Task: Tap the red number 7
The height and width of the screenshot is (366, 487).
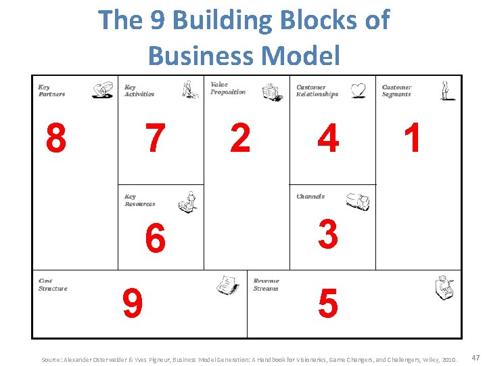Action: click(x=156, y=138)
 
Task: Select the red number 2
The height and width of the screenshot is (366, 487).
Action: click(x=240, y=138)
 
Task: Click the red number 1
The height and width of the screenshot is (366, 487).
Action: click(x=412, y=138)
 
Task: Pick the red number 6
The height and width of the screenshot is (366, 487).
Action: click(x=156, y=239)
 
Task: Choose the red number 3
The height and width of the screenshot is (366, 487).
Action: click(x=328, y=234)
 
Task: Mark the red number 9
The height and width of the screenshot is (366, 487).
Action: click(x=133, y=304)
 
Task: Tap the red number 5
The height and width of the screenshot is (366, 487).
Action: click(x=328, y=304)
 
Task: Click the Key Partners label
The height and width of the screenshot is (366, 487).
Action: click(x=51, y=90)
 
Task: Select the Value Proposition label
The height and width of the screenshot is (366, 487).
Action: click(x=228, y=88)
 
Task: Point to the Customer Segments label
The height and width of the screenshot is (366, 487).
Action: click(x=396, y=90)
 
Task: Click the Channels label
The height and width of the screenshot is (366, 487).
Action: click(x=310, y=197)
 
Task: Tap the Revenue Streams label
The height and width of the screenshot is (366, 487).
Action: click(x=266, y=285)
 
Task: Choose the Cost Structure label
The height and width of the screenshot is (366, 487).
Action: click(x=53, y=285)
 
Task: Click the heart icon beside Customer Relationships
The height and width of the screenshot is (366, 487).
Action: click(x=358, y=90)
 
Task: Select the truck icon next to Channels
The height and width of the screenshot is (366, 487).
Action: click(x=357, y=201)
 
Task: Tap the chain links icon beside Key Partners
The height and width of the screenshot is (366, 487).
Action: click(x=103, y=90)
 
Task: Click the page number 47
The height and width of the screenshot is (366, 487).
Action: click(x=476, y=357)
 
